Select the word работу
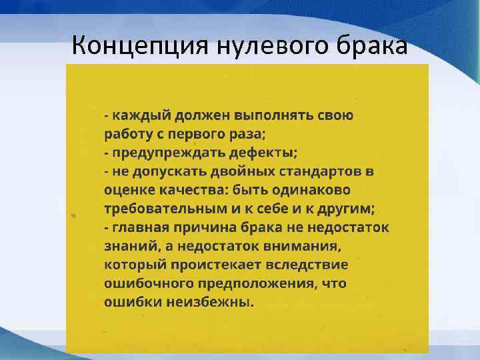[127, 133]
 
